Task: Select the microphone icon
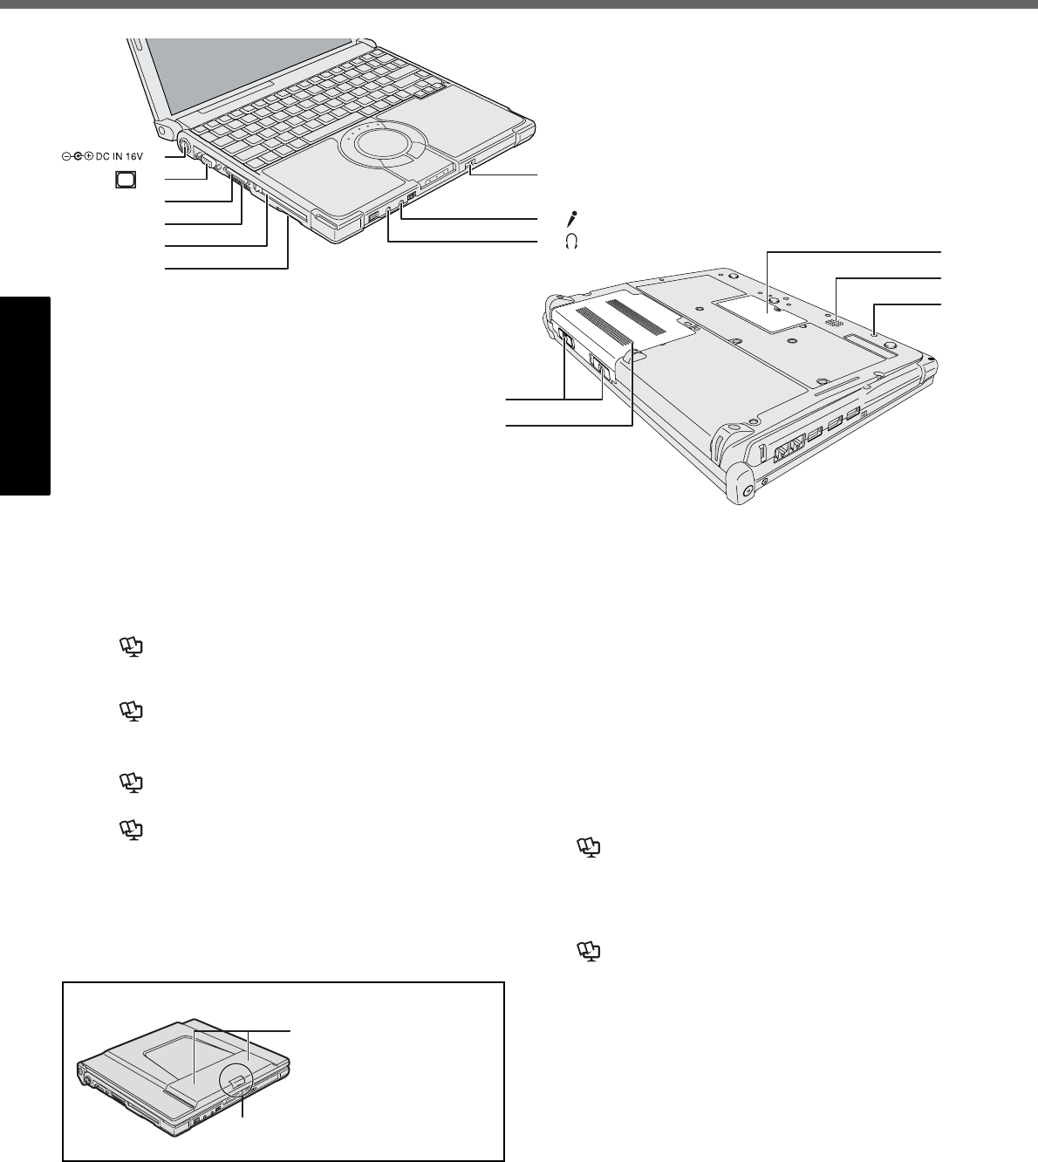[573, 218]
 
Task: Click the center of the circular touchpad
[379, 144]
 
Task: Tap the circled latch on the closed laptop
[236, 1082]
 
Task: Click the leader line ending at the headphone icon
[462, 242]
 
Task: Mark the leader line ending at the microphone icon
[471, 218]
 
